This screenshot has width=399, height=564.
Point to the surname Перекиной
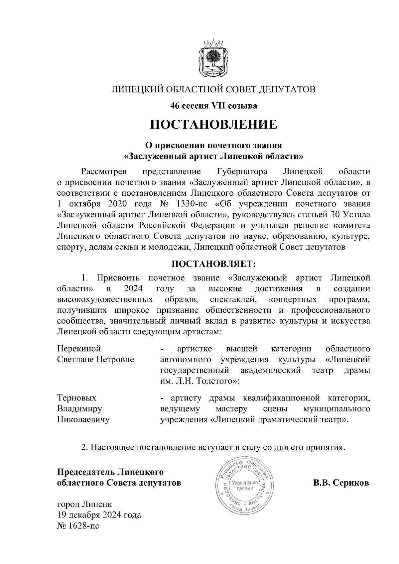[79, 349]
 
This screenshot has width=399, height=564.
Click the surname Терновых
[77, 398]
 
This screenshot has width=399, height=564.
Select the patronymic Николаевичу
[83, 419]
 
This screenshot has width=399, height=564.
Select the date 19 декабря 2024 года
[99, 515]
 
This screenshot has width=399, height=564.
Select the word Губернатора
[242, 171]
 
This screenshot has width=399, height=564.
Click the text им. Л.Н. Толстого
[198, 381]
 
